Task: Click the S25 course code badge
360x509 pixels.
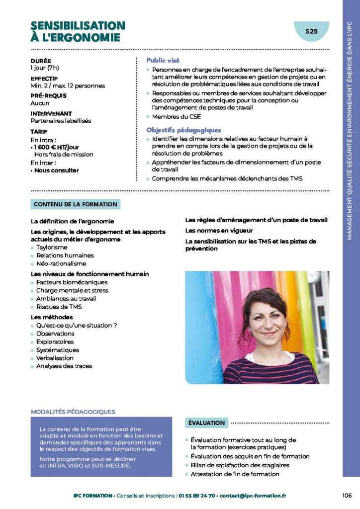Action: point(311,31)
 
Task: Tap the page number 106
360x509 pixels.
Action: point(347,496)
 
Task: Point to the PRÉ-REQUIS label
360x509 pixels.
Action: point(48,95)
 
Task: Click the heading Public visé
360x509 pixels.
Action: point(163,60)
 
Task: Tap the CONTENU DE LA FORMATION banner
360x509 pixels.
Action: point(76,204)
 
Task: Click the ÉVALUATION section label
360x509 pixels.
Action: point(206,423)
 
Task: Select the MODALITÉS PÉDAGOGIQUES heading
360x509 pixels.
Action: point(73,412)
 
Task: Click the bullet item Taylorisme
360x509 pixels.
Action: point(52,247)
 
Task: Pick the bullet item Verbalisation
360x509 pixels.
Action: point(55,358)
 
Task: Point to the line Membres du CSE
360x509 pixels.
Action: point(177,117)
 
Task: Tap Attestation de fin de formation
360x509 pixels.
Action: point(235,474)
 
